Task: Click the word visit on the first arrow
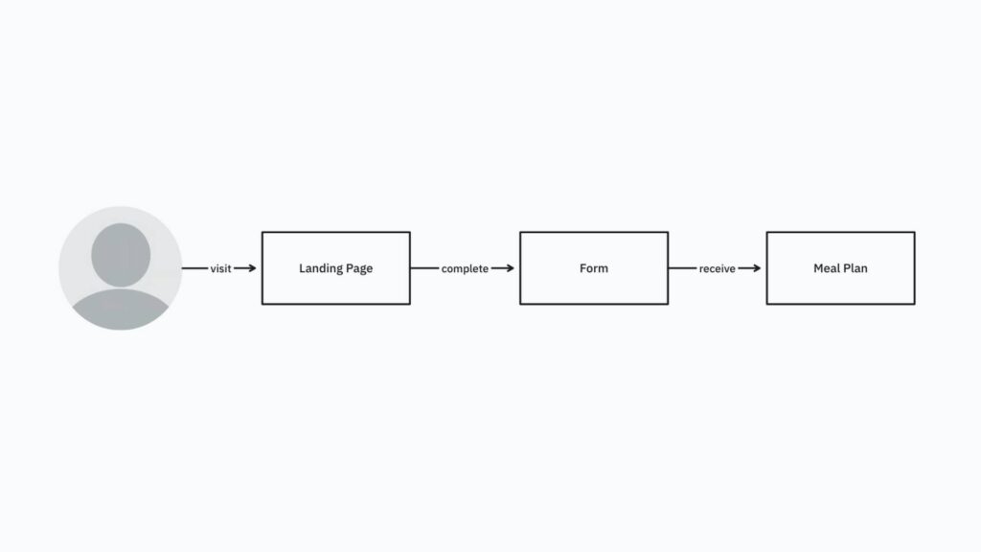tap(220, 269)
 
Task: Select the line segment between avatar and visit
tap(194, 268)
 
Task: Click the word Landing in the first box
tap(320, 268)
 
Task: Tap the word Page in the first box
tap(359, 268)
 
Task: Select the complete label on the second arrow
tap(465, 269)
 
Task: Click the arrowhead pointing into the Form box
tap(510, 268)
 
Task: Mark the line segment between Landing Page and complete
tap(424, 268)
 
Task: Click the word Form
tap(594, 268)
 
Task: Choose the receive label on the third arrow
tap(717, 269)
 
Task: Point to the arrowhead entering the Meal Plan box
tap(756, 268)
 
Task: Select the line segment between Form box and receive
tap(682, 268)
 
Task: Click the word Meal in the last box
tap(827, 268)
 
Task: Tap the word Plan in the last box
tap(856, 268)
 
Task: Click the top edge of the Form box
tap(594, 232)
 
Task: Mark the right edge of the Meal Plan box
tap(914, 268)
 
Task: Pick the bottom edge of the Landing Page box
tap(335, 304)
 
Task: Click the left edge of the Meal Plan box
tap(767, 268)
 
